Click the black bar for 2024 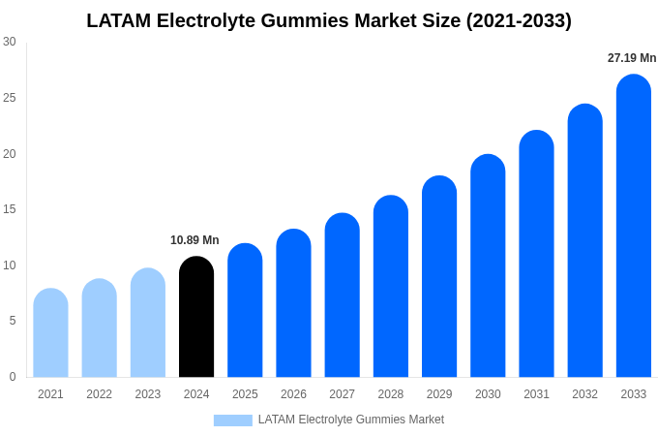click(x=196, y=317)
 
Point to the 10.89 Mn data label click(x=194, y=240)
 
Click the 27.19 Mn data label click(x=632, y=58)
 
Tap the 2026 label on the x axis click(x=293, y=394)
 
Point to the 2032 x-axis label click(x=584, y=394)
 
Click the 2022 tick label click(x=99, y=394)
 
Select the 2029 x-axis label click(x=439, y=394)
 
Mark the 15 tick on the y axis click(x=10, y=209)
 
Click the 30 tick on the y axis click(x=10, y=42)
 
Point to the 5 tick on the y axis click(x=13, y=321)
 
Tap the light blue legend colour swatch click(x=232, y=420)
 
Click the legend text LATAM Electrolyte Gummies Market click(x=350, y=420)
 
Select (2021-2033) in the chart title click(x=519, y=20)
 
